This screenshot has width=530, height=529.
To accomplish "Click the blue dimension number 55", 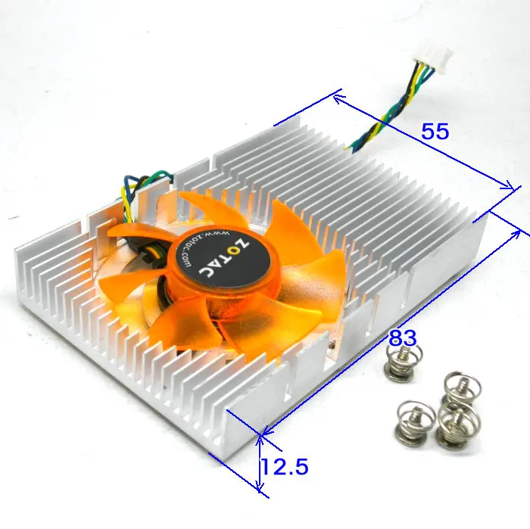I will pos(435,132).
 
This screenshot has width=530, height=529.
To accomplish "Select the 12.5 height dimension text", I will pos(284,467).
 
